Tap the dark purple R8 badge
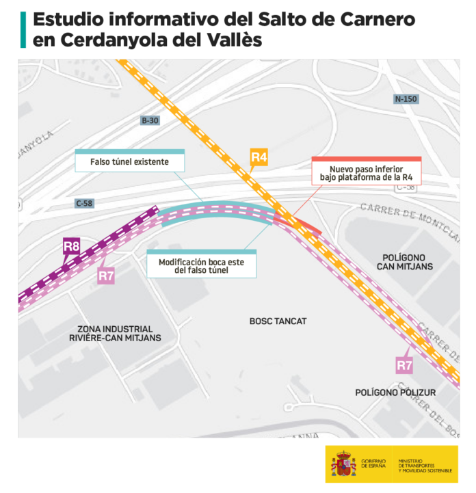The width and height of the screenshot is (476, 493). pos(72,245)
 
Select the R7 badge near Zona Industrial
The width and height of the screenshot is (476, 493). pos(106,276)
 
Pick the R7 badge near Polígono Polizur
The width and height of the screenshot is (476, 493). pos(405,365)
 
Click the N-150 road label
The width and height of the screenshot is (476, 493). pos(406,98)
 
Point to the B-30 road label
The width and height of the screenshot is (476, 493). pos(150,121)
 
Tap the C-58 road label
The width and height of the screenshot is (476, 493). pos(84,203)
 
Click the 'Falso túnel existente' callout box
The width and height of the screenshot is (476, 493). pos(129,162)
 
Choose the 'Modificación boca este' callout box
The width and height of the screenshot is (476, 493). pos(202,265)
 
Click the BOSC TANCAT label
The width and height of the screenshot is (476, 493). pos(278,321)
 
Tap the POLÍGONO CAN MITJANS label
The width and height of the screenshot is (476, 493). pos(406,261)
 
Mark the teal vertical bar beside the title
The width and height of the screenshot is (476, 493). pos(23,29)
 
